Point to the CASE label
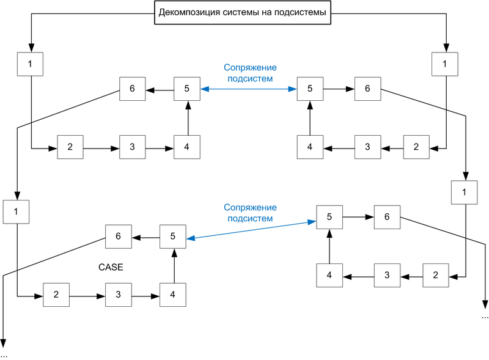pyautogui.click(x=111, y=268)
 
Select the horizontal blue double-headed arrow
pyautogui.click(x=248, y=90)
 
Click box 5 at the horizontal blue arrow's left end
pyautogui.click(x=187, y=89)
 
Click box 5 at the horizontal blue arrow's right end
pyautogui.click(x=310, y=89)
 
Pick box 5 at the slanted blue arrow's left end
pyautogui.click(x=173, y=236)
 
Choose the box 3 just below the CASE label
pyautogui.click(x=119, y=295)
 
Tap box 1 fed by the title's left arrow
pyautogui.click(x=30, y=64)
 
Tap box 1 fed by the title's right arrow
pyautogui.click(x=444, y=64)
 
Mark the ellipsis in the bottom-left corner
pyautogui.click(x=4, y=354)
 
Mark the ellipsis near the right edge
pyautogui.click(x=485, y=317)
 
